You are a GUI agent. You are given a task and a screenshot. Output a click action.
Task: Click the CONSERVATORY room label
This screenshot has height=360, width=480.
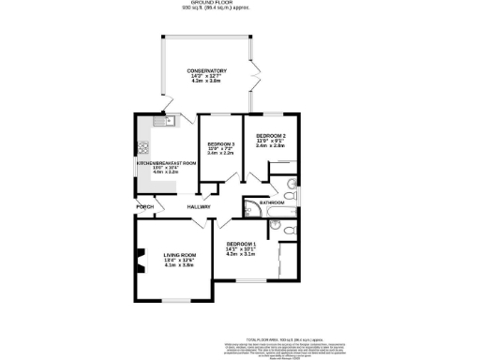pyautogui.click(x=206, y=72)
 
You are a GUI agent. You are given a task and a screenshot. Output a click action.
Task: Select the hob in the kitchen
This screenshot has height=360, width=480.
pyautogui.click(x=143, y=148)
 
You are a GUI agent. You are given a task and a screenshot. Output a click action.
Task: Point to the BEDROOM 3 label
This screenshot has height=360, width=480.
pyautogui.click(x=221, y=143)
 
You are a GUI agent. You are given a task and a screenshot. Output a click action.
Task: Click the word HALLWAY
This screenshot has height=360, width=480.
pyautogui.click(x=198, y=206)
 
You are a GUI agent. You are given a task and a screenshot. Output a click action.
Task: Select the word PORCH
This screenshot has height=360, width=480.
pyautogui.click(x=144, y=206)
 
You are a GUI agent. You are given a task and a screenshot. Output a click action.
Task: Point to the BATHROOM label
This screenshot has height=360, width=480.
pyautogui.click(x=272, y=202)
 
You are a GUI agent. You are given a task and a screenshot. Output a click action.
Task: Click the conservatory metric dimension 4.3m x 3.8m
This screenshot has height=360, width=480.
pyautogui.click(x=206, y=83)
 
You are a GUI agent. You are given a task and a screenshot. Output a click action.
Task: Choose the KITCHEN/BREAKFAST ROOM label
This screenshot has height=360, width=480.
pyautogui.click(x=166, y=163)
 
